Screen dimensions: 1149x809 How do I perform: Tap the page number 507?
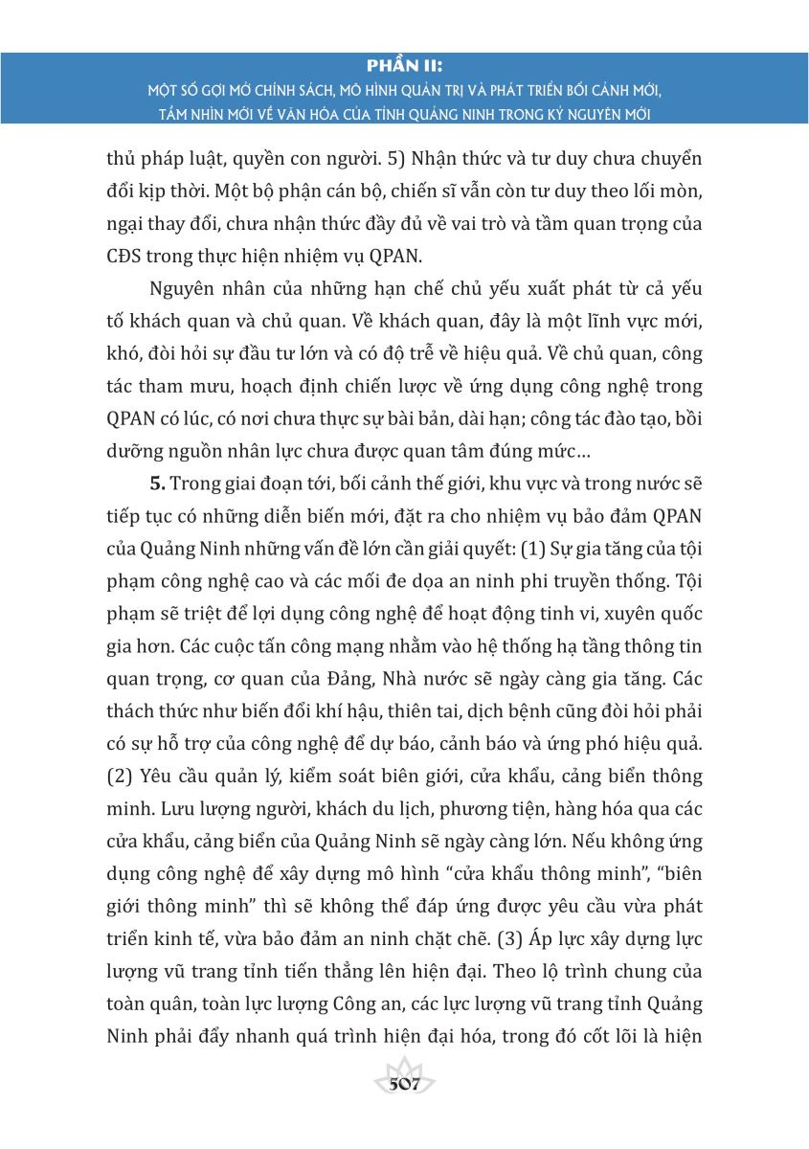(405, 1085)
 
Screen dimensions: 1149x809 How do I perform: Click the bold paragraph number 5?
(155, 479)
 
